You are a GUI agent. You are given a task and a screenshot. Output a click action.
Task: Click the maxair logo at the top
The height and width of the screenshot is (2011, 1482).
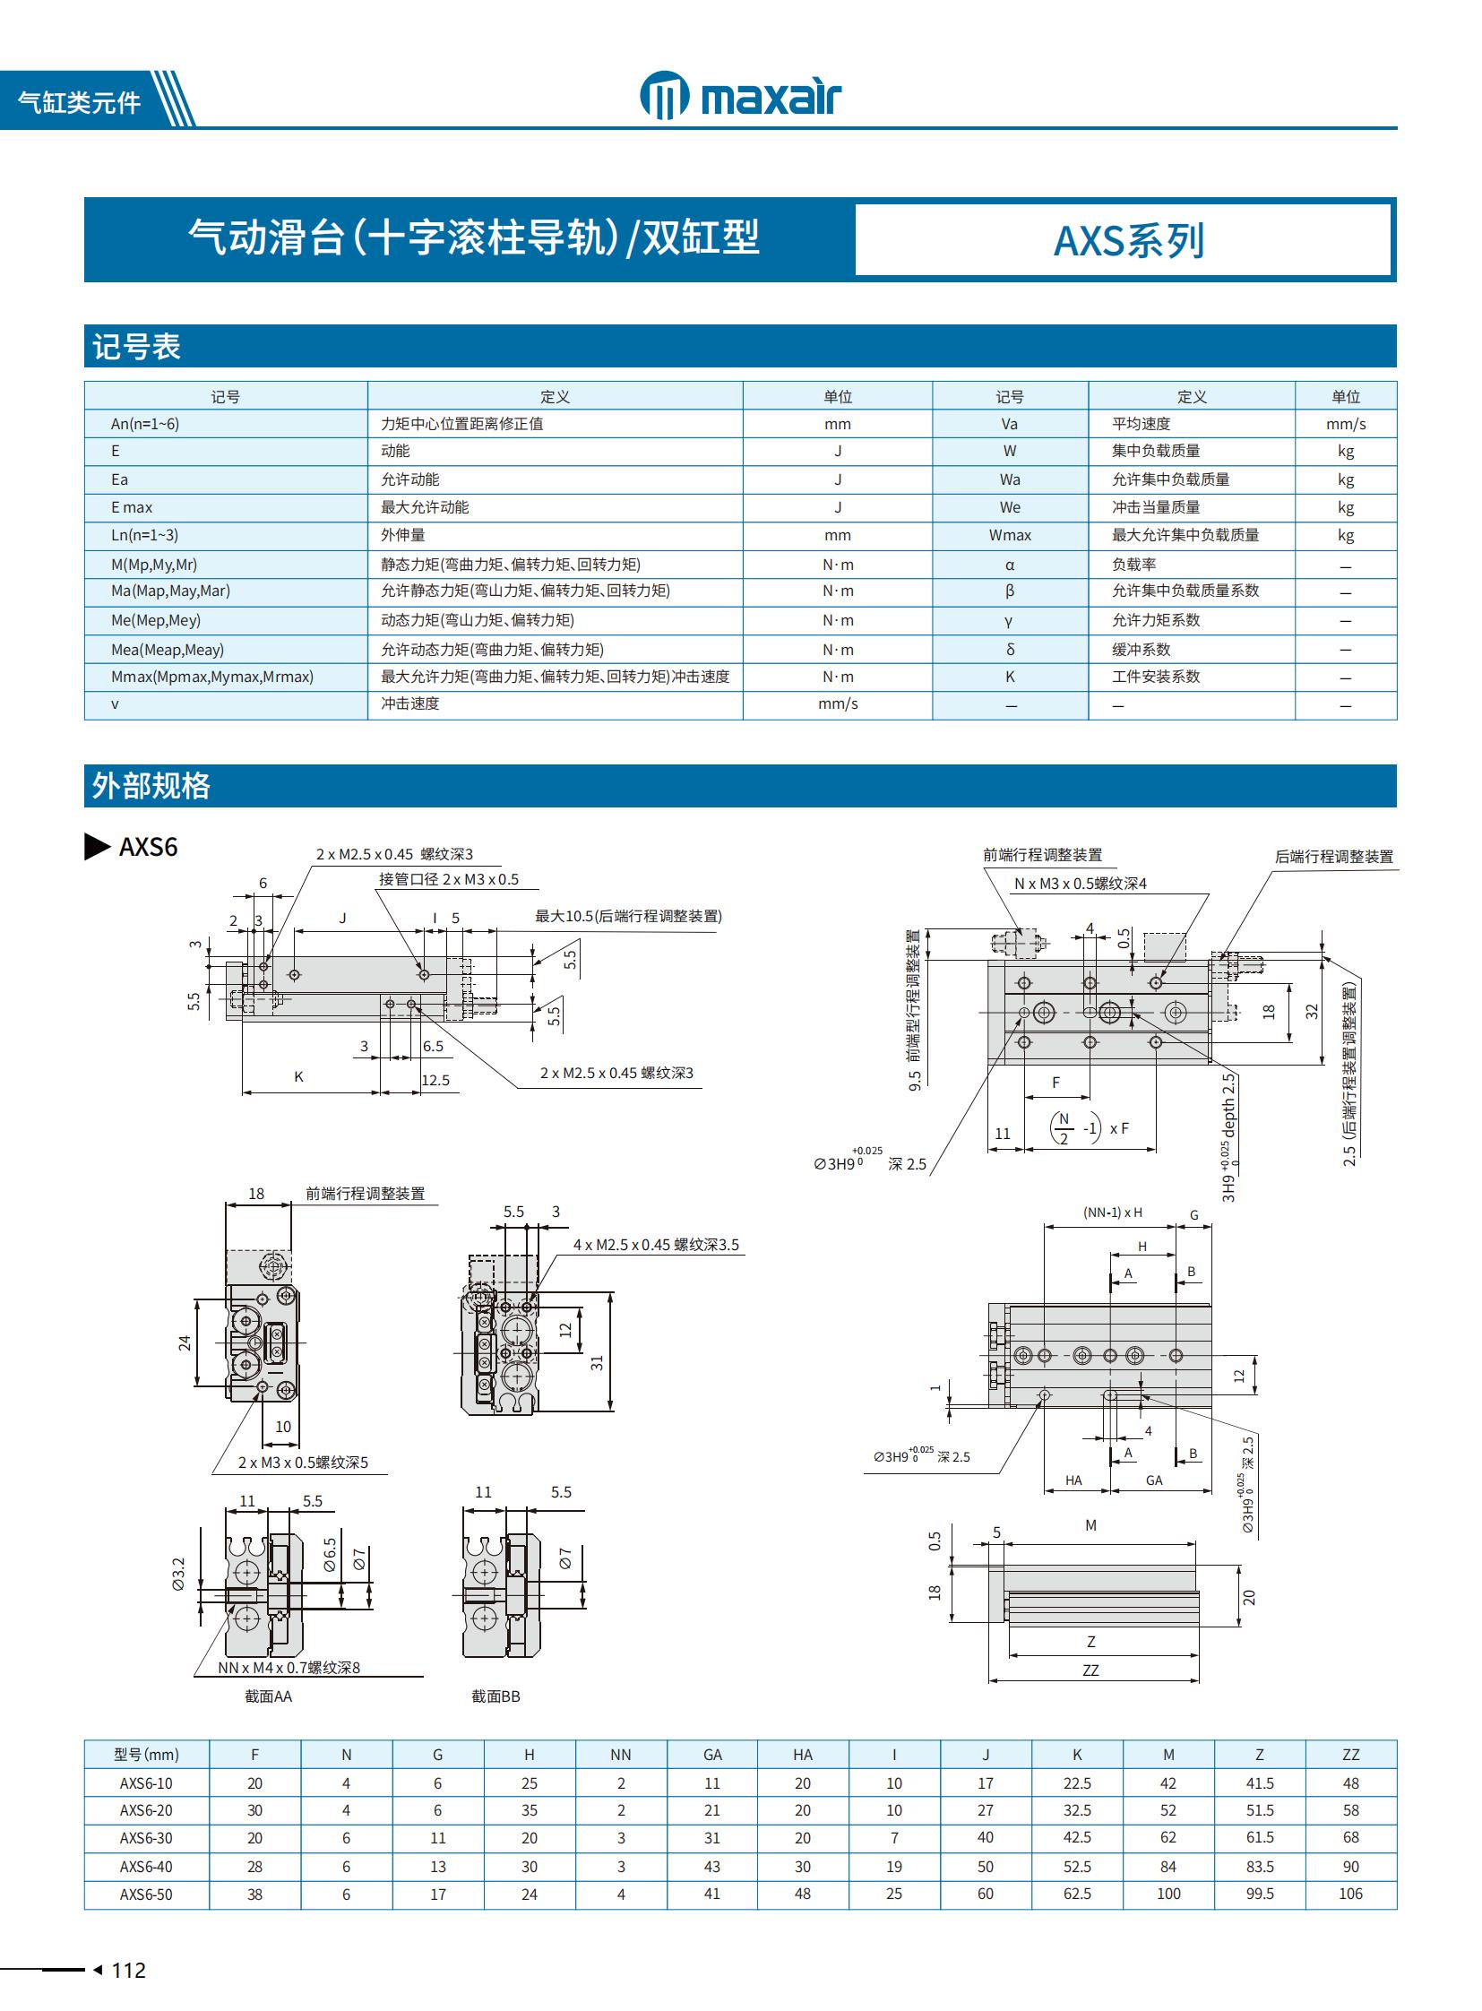(740, 96)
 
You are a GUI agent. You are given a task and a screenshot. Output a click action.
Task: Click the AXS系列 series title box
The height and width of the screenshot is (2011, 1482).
(1126, 240)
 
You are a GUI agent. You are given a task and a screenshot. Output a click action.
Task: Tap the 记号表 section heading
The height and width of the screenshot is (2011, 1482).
(136, 347)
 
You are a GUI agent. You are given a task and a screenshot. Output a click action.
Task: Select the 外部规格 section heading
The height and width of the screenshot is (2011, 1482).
(151, 786)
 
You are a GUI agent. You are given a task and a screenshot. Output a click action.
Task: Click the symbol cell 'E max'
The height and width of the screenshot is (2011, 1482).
(132, 508)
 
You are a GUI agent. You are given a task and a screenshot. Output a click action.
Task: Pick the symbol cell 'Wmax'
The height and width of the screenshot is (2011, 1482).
(1009, 536)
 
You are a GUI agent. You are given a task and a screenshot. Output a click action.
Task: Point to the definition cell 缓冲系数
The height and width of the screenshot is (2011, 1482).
(1142, 650)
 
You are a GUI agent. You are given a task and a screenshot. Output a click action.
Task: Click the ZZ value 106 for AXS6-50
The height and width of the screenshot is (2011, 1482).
(1350, 1894)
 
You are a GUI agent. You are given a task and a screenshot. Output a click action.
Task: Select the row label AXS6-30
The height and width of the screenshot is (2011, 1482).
(146, 1839)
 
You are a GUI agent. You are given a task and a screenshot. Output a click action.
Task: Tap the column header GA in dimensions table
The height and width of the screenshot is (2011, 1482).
(712, 1756)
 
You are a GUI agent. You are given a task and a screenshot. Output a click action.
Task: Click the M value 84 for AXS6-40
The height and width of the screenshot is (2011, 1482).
(1168, 1867)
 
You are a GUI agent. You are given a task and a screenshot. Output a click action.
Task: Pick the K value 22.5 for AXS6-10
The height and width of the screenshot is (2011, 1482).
(1076, 1784)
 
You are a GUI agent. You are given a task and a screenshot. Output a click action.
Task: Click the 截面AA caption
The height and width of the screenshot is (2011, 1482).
(268, 1697)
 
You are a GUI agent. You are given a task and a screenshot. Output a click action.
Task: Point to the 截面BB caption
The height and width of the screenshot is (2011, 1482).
(495, 1697)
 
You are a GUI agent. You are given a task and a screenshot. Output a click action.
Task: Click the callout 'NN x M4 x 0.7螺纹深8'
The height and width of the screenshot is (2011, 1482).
(289, 1668)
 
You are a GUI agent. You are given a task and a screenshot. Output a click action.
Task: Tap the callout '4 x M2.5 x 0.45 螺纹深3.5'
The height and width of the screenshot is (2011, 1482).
(656, 1246)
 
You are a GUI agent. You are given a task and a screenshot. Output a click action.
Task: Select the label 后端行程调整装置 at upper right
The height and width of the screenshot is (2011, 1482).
(1334, 857)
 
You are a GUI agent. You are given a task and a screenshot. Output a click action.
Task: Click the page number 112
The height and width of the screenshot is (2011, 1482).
(128, 1971)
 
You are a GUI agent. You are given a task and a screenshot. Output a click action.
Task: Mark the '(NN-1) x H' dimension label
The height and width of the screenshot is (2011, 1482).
(1113, 1213)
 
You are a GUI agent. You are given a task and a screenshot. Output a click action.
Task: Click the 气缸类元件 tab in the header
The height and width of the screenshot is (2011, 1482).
(79, 102)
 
